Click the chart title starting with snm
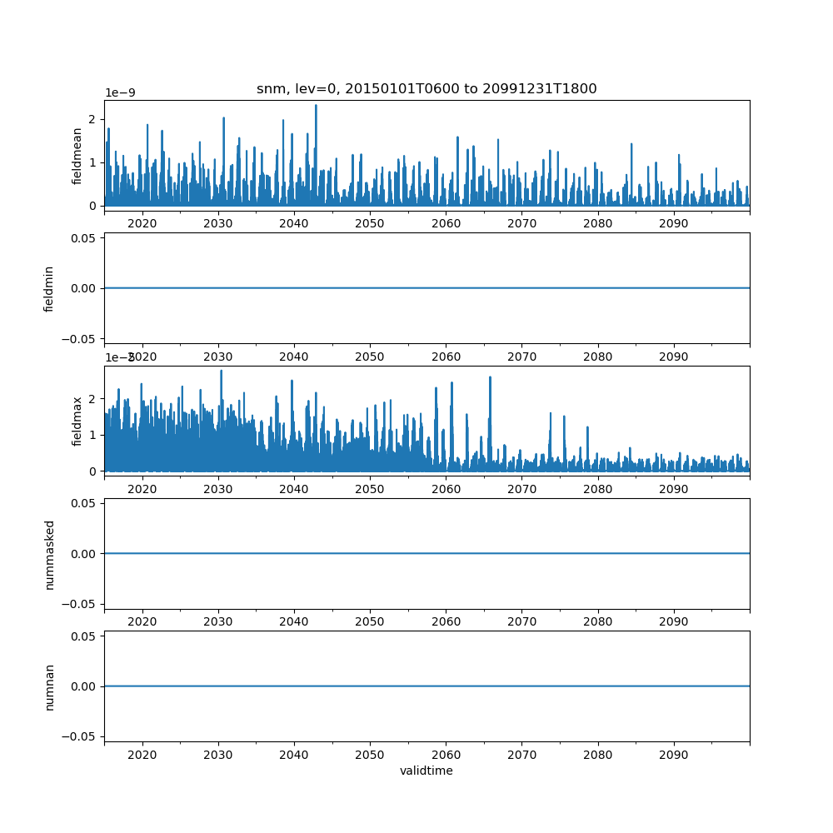(426, 89)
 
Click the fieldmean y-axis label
(77, 156)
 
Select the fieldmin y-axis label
(49, 288)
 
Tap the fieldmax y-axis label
(77, 421)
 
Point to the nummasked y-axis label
(49, 554)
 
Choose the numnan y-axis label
(49, 686)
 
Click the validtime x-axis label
(426, 771)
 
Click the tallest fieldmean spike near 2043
(316, 106)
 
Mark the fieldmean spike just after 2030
(223, 118)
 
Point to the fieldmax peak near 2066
(490, 377)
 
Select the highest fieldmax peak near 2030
(221, 371)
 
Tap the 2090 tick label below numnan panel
(673, 756)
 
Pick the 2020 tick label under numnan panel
(142, 756)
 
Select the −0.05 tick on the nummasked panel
(82, 603)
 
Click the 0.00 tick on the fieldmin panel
(86, 288)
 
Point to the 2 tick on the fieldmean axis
(94, 117)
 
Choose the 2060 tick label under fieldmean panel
(446, 225)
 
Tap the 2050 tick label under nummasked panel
(370, 622)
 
